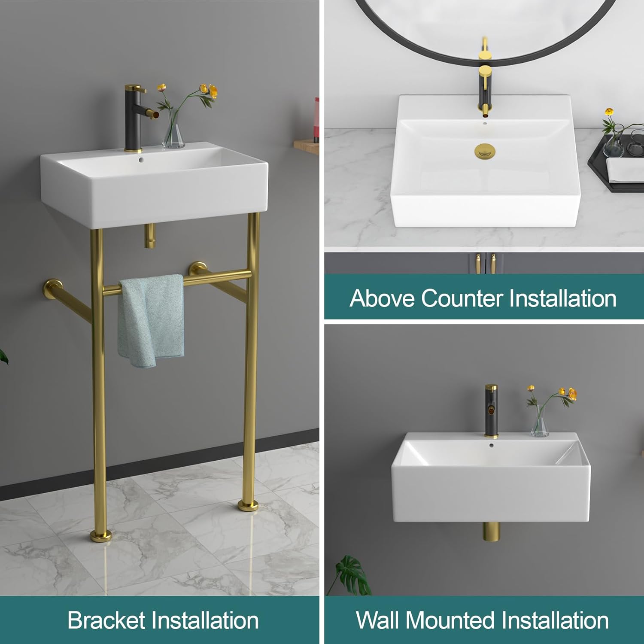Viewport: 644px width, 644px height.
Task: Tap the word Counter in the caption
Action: (462, 298)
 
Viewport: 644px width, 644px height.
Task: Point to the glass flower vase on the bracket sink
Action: (173, 135)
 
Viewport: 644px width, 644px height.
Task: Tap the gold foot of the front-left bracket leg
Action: (100, 535)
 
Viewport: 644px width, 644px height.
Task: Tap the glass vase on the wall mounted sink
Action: (539, 425)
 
